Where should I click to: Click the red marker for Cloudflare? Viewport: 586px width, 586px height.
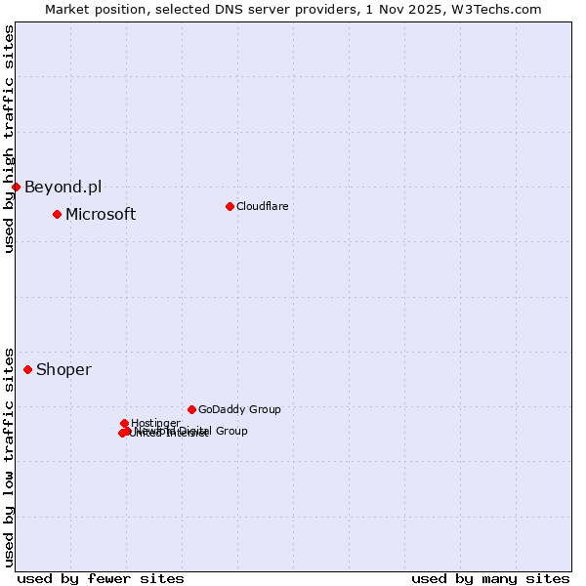point(230,206)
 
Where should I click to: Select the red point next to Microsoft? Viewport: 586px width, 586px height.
point(57,214)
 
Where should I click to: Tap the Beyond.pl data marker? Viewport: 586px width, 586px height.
point(17,187)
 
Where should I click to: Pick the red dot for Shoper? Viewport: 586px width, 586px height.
point(27,369)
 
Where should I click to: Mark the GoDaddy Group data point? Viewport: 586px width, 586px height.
point(191,409)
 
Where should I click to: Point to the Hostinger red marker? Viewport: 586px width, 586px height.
point(124,423)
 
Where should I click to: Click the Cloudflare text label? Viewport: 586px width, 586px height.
point(262,206)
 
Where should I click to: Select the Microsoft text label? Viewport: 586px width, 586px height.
point(101,215)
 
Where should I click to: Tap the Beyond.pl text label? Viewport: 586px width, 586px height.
point(63,188)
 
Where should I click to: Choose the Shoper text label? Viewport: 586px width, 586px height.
point(63,370)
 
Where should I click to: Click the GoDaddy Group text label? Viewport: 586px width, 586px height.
point(239,410)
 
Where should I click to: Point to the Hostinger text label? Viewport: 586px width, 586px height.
point(155,423)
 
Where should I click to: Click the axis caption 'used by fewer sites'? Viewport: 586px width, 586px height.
point(101,579)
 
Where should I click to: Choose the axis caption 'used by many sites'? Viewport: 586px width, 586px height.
point(490,579)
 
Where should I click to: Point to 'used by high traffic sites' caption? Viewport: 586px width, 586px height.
point(10,139)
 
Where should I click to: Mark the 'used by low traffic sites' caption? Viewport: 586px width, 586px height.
point(10,456)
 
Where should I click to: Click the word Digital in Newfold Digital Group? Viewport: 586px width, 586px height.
point(196,431)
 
